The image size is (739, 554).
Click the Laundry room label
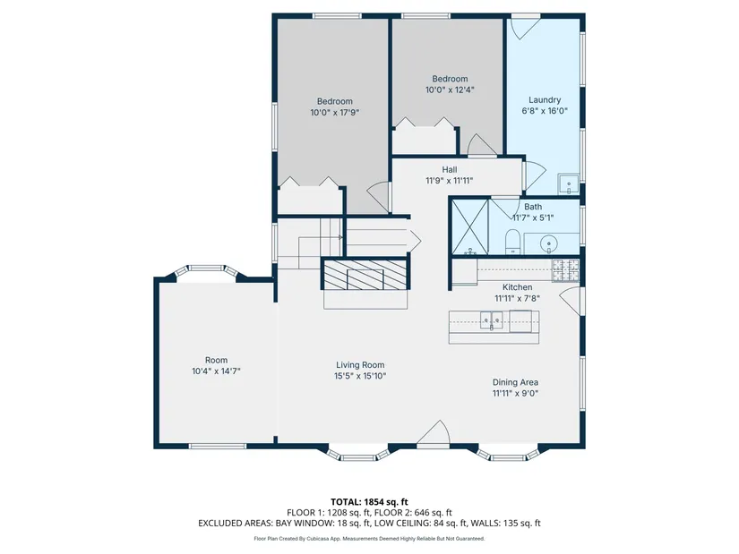tap(545, 100)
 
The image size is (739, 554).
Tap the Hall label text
tap(449, 169)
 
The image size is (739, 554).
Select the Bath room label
tap(533, 207)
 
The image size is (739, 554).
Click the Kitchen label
tap(517, 287)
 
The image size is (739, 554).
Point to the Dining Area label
tap(515, 382)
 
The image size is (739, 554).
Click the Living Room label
tap(360, 365)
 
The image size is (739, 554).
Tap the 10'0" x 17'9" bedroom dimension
tap(335, 113)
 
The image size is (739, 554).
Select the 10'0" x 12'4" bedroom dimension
tap(450, 90)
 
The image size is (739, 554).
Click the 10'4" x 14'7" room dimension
tap(216, 371)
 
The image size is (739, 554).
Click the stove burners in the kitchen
tap(565, 270)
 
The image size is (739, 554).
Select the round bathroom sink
tap(548, 244)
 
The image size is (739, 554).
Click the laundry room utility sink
tap(569, 184)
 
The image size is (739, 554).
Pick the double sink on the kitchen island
tap(492, 320)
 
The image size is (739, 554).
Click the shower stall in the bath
tap(470, 227)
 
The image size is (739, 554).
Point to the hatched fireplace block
tap(365, 274)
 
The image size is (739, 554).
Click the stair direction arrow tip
tap(421, 241)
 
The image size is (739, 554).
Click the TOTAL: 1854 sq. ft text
tap(369, 502)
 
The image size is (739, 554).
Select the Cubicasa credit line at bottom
tap(369, 539)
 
